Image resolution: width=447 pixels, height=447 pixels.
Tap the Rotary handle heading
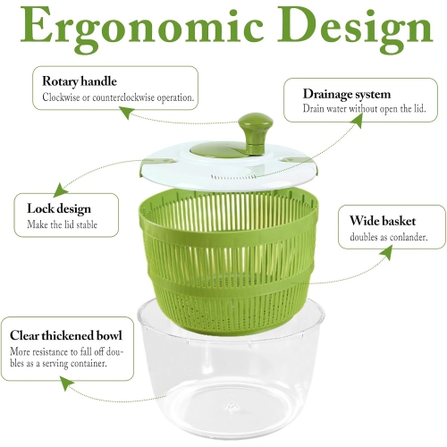80,81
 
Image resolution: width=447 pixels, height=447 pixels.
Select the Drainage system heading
346,93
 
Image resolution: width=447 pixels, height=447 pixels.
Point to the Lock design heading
60,208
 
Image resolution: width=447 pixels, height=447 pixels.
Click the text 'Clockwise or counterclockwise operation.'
118,97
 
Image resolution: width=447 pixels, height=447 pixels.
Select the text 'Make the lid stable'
62,224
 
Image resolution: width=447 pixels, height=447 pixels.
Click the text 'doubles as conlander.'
383,238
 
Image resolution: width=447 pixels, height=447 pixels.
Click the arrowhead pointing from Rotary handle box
125,114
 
